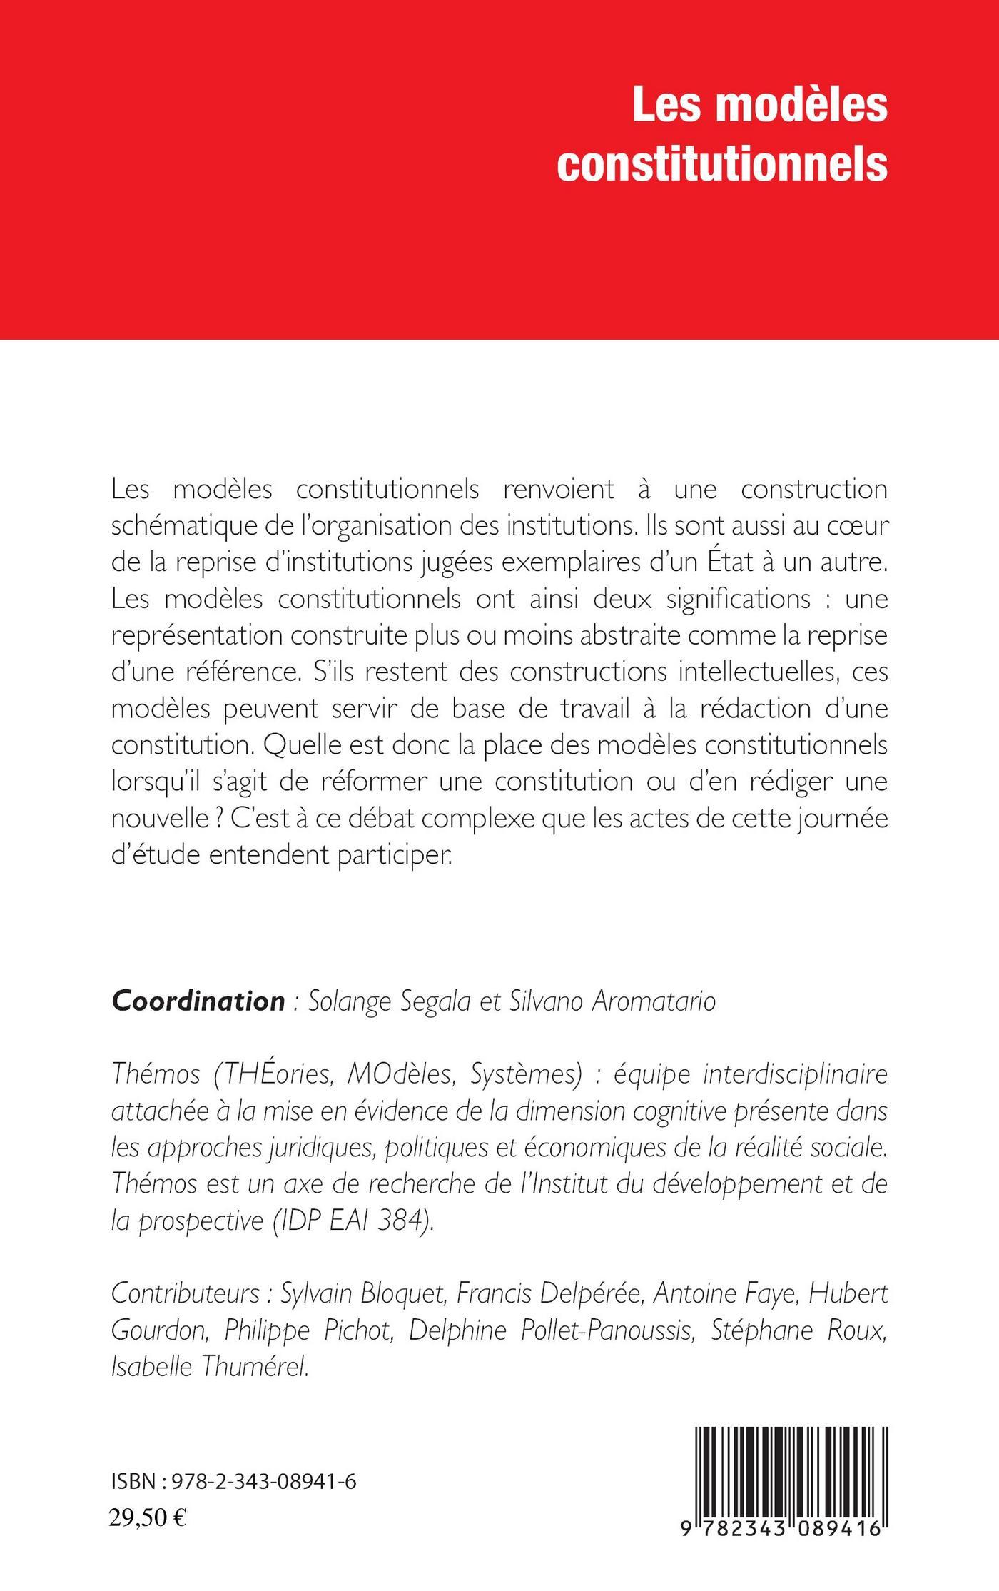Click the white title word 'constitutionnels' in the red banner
[x=721, y=166]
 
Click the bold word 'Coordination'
[x=198, y=1001]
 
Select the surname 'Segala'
[x=435, y=1002]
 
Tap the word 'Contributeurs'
[x=185, y=1293]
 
